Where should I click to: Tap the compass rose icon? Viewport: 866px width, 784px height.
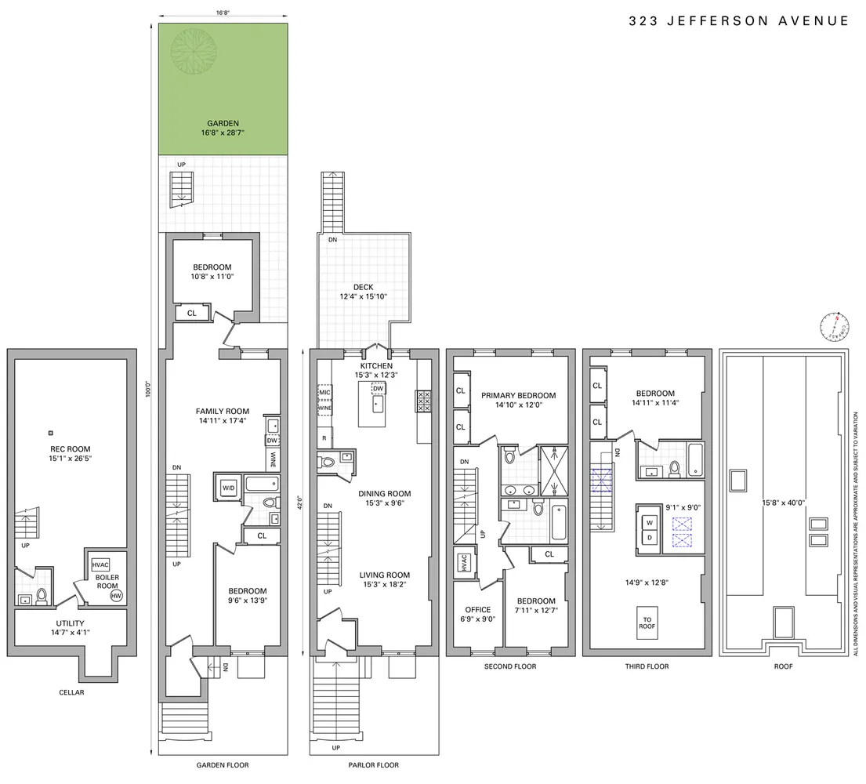pos(835,325)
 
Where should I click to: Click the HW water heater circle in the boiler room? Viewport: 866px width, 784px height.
pos(116,597)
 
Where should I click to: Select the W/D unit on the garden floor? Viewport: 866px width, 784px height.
pos(229,488)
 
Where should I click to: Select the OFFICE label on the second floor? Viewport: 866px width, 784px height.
pos(477,610)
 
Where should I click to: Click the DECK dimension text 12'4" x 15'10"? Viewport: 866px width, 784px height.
pos(363,297)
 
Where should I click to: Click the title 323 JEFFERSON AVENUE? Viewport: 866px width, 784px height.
pos(738,21)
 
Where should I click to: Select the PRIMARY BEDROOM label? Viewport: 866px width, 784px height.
pos(518,395)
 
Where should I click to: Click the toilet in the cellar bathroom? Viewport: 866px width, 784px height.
pos(43,597)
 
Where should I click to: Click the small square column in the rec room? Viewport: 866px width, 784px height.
pos(51,432)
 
